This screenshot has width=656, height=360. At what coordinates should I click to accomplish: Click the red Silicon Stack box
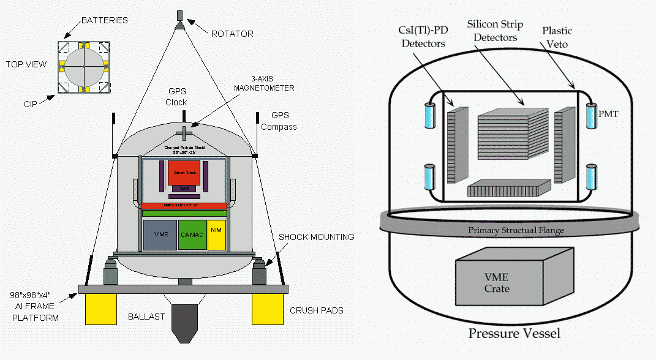[184, 173]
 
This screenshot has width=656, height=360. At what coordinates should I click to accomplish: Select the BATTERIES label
[105, 20]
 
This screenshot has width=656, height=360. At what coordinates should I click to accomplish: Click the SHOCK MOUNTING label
[316, 237]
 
